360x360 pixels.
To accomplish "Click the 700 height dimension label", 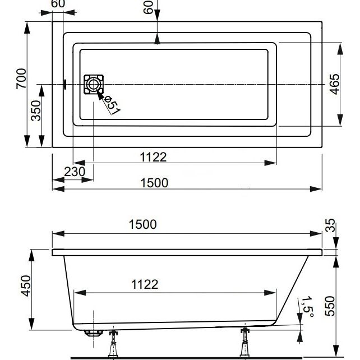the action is coord(21,79).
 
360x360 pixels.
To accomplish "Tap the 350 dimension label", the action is coord(36,110).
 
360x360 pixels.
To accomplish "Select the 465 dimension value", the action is coord(334,84).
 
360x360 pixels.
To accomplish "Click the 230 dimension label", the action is coord(75,172).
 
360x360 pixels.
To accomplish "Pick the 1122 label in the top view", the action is coord(153,157).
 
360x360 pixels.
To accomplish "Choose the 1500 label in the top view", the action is coord(154,183).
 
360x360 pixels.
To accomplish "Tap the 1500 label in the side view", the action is coord(143,224).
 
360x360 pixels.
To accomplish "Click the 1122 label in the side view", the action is coord(145,284).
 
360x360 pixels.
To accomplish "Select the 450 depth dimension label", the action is coord(26,285).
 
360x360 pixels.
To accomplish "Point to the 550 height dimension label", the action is coord(330,306).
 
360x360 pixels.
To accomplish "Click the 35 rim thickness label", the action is coord(330,225).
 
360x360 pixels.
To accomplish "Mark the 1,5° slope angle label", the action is coord(307,307).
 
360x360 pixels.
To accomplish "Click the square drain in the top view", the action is coord(94,85).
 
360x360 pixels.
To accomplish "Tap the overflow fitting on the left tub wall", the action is coord(64,84).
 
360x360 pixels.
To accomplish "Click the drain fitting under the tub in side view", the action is coord(94,333).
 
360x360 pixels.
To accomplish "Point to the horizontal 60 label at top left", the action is coord(58,3).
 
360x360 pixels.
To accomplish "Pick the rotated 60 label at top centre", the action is coord(148,7).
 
